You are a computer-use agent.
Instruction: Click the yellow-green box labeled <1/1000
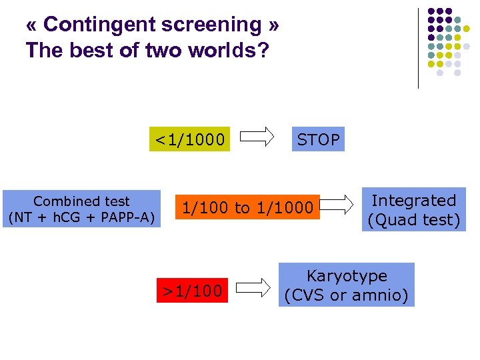[189, 139]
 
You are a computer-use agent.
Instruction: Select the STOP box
[318, 139]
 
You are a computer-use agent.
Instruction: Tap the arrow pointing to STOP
[257, 137]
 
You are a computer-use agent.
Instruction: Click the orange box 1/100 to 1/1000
[247, 208]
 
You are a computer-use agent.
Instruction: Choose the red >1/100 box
[192, 291]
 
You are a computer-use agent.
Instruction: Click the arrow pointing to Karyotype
[253, 287]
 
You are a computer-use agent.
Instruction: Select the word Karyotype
[346, 276]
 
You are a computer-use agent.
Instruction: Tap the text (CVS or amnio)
[346, 295]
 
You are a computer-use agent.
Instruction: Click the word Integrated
[413, 200]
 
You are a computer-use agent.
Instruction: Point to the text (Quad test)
[413, 219]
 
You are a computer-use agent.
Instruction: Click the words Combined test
[81, 201]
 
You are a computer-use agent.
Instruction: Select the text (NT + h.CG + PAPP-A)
[81, 217]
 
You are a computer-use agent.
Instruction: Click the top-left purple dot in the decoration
[431, 11]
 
